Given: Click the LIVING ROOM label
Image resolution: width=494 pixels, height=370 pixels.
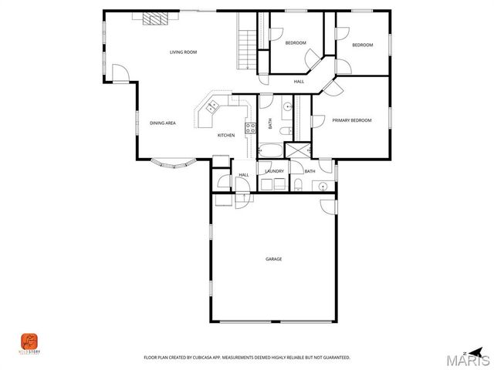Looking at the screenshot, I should click(x=184, y=52).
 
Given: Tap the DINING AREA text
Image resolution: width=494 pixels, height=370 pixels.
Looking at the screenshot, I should click(x=162, y=123).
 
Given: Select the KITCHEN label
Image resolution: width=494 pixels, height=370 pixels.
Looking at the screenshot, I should click(x=225, y=136).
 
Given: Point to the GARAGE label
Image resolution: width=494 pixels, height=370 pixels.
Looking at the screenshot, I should click(x=274, y=259).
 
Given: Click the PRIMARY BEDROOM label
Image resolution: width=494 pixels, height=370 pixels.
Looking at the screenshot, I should click(x=352, y=120).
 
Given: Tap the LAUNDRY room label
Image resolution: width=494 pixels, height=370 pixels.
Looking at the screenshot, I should click(x=274, y=171).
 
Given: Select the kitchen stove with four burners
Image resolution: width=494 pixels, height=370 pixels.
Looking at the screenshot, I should click(x=249, y=128).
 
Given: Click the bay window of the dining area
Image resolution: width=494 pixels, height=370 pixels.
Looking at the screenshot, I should click(x=173, y=163).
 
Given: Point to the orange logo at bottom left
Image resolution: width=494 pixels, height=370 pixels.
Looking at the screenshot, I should click(x=29, y=340).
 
